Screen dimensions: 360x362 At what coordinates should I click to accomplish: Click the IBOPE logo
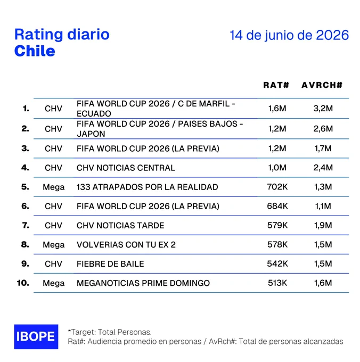(x=36, y=336)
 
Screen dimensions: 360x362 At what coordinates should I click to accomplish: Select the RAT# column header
(x=276, y=85)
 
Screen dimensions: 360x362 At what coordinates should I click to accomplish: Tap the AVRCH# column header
(x=322, y=85)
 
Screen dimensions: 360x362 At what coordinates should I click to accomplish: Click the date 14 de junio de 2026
(x=289, y=35)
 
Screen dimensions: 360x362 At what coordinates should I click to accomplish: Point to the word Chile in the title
(x=35, y=51)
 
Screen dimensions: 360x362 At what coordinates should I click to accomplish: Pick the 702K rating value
(x=277, y=187)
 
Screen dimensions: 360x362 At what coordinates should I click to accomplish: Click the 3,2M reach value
(x=323, y=108)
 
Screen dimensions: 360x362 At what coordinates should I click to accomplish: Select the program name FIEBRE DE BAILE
(x=110, y=264)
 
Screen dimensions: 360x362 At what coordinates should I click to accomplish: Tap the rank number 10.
(x=23, y=283)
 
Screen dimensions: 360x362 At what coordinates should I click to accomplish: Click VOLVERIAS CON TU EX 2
(x=126, y=245)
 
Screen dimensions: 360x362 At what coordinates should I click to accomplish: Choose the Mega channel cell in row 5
(x=54, y=187)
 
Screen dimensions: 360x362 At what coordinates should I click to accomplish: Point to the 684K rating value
(x=277, y=206)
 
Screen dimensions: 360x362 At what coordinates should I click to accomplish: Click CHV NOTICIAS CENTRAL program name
(x=126, y=168)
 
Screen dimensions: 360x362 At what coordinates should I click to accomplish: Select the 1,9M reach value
(x=323, y=225)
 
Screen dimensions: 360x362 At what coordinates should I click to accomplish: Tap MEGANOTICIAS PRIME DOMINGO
(x=143, y=283)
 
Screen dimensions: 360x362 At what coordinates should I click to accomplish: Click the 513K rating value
(x=277, y=283)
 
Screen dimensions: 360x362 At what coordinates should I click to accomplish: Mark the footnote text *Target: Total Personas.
(x=110, y=332)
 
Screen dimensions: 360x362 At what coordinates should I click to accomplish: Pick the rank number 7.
(x=26, y=225)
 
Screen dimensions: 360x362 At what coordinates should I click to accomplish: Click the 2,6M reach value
(x=323, y=129)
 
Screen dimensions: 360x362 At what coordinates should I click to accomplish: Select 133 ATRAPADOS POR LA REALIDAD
(x=148, y=187)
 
